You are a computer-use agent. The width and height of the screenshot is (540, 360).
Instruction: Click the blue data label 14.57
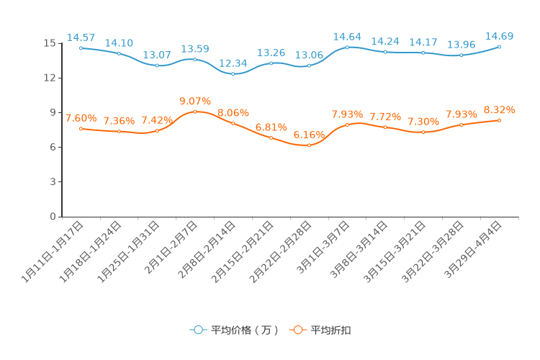tap(81, 37)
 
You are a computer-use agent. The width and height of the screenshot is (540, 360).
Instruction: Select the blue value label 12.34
tap(233, 63)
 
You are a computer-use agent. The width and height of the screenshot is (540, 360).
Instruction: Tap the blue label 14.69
tap(499, 36)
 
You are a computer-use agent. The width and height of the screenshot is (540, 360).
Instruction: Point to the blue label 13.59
tap(195, 49)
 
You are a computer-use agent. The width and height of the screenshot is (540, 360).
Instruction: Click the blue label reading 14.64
tap(347, 37)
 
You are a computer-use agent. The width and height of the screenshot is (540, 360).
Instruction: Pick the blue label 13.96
tap(462, 45)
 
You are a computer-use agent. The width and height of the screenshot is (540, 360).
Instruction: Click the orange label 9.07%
tap(195, 101)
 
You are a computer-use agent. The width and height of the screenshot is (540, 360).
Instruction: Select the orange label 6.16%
tap(309, 135)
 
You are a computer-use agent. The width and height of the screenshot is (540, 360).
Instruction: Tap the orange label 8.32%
tap(499, 109)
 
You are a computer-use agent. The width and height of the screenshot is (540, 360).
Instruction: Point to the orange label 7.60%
tap(81, 118)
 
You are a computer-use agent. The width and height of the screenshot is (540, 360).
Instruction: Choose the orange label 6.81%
tap(271, 127)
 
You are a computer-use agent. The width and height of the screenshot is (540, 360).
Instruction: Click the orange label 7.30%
tap(423, 122)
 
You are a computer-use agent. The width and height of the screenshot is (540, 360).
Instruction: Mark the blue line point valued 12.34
tap(233, 74)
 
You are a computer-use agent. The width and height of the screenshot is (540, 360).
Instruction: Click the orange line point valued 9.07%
tap(195, 112)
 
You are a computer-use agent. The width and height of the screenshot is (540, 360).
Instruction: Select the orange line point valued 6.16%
tap(309, 145)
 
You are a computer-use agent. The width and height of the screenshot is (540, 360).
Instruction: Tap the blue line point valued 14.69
tap(499, 47)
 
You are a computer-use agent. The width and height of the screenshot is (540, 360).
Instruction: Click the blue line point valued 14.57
tap(81, 48)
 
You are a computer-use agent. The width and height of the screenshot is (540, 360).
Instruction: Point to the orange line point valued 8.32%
tap(499, 120)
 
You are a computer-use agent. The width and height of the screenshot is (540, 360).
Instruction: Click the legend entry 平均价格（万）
tap(235, 330)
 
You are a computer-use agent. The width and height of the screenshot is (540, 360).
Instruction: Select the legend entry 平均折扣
tap(321, 330)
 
